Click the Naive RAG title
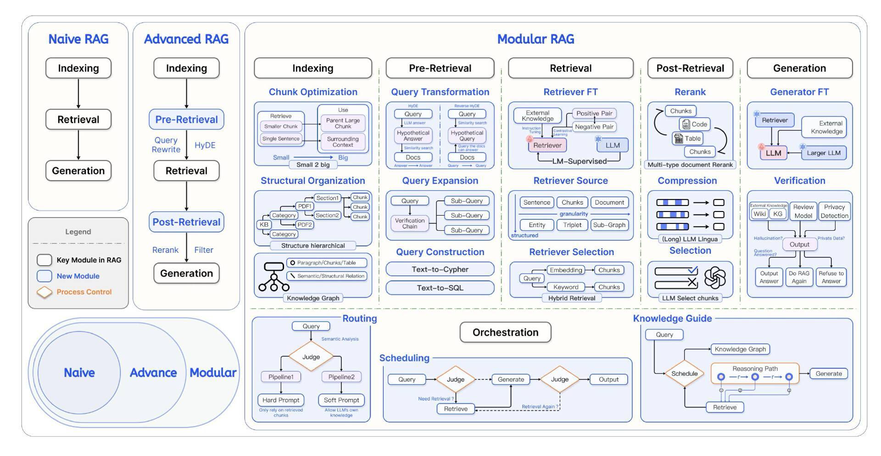click(x=78, y=39)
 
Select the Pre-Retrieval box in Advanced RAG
click(x=186, y=120)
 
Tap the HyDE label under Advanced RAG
click(x=205, y=145)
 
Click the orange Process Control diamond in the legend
click(x=45, y=292)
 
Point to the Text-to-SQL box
click(x=440, y=288)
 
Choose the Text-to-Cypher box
click(x=440, y=269)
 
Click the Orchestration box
click(x=505, y=333)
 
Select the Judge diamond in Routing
click(x=311, y=357)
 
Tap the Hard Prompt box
click(x=281, y=400)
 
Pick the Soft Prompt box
click(x=341, y=400)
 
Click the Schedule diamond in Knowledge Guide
click(x=684, y=373)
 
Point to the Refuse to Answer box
click(x=831, y=277)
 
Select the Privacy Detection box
click(x=834, y=211)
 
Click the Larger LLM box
click(x=824, y=153)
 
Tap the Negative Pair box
click(x=594, y=127)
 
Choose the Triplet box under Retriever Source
click(x=572, y=225)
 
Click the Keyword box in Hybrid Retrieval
click(x=566, y=287)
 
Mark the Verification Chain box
click(x=410, y=223)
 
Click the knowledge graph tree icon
click(x=274, y=277)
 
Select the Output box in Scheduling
click(x=608, y=380)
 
